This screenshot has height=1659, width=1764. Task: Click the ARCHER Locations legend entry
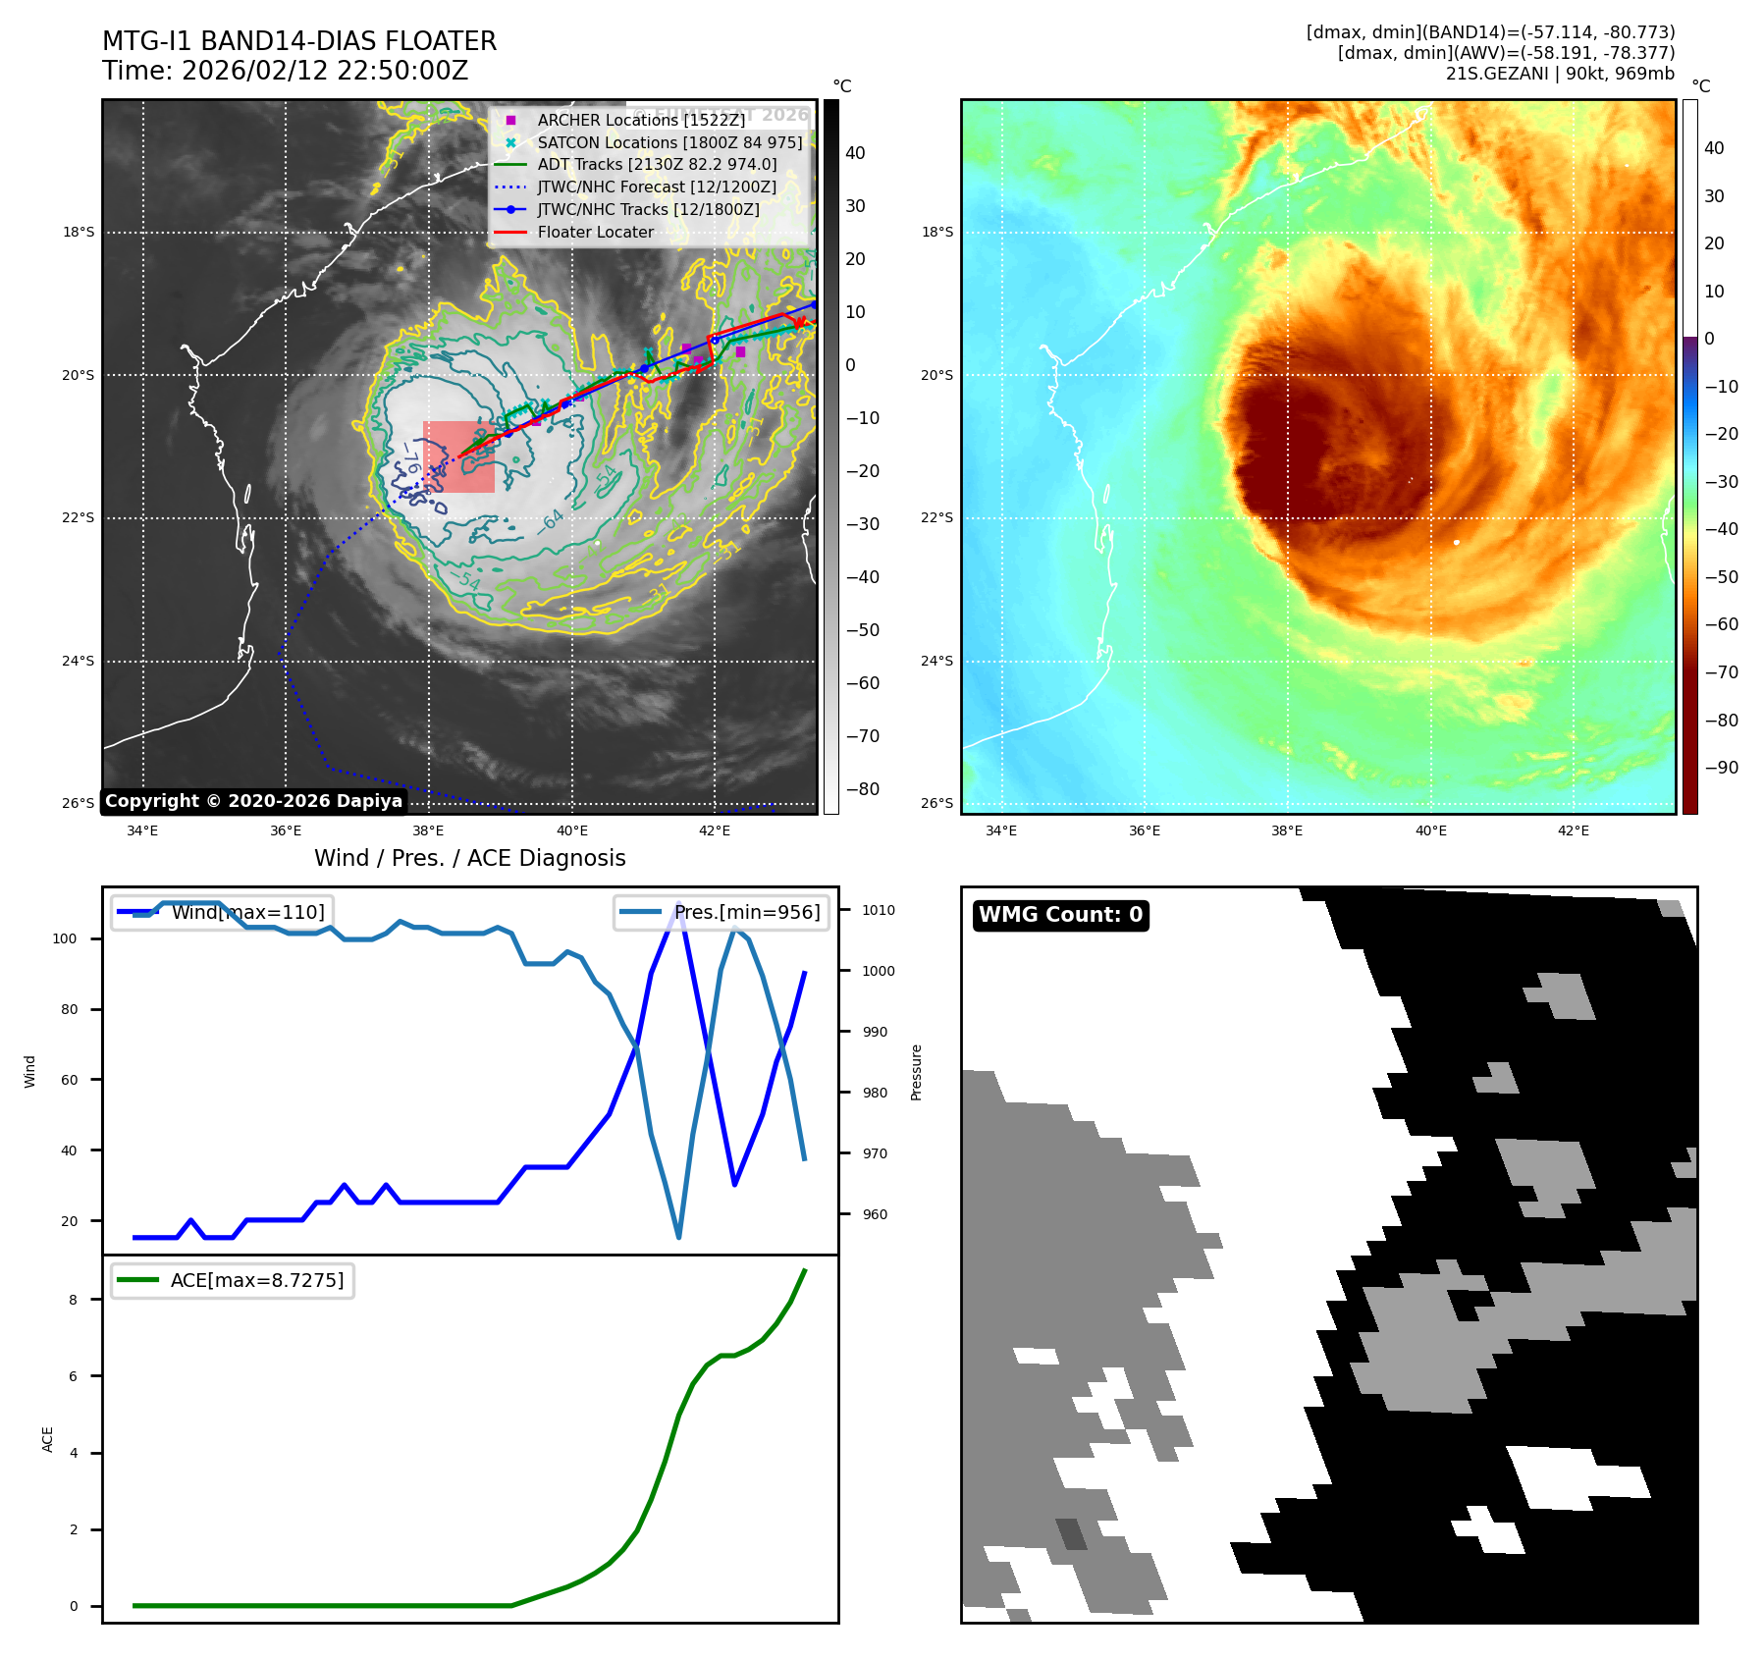pos(641,120)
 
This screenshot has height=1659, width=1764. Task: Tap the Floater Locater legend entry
pos(595,233)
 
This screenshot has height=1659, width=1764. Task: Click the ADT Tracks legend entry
pos(657,165)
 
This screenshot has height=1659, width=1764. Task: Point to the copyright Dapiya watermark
pos(253,801)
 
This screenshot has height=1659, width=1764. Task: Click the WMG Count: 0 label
pos(1060,915)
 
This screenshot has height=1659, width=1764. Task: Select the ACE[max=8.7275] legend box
pos(233,1280)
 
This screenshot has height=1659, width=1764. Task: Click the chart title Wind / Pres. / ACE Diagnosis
pos(469,858)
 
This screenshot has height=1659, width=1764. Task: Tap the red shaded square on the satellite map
pos(458,456)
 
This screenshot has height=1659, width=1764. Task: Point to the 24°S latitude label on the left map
pos(79,661)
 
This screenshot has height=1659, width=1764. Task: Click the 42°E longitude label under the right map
pos(1574,830)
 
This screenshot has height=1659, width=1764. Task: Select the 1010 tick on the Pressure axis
pos(879,910)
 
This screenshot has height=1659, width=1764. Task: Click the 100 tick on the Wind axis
pos(65,938)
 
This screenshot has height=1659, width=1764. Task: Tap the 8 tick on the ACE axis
pos(73,1300)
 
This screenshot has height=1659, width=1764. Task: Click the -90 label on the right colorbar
pos(1721,768)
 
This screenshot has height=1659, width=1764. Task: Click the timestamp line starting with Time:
pos(285,71)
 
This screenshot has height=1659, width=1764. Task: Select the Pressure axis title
pos(916,1072)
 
